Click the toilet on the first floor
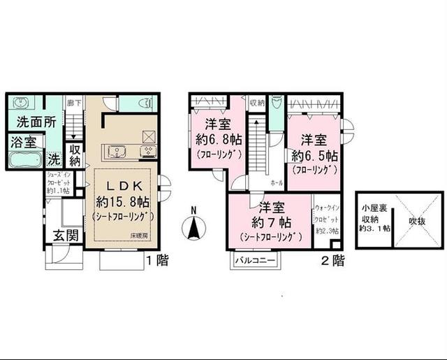(x=145, y=103)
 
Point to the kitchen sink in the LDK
(x=116, y=151)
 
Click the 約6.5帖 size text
(x=316, y=154)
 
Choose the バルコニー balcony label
(x=256, y=261)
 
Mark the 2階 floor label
(x=333, y=261)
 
